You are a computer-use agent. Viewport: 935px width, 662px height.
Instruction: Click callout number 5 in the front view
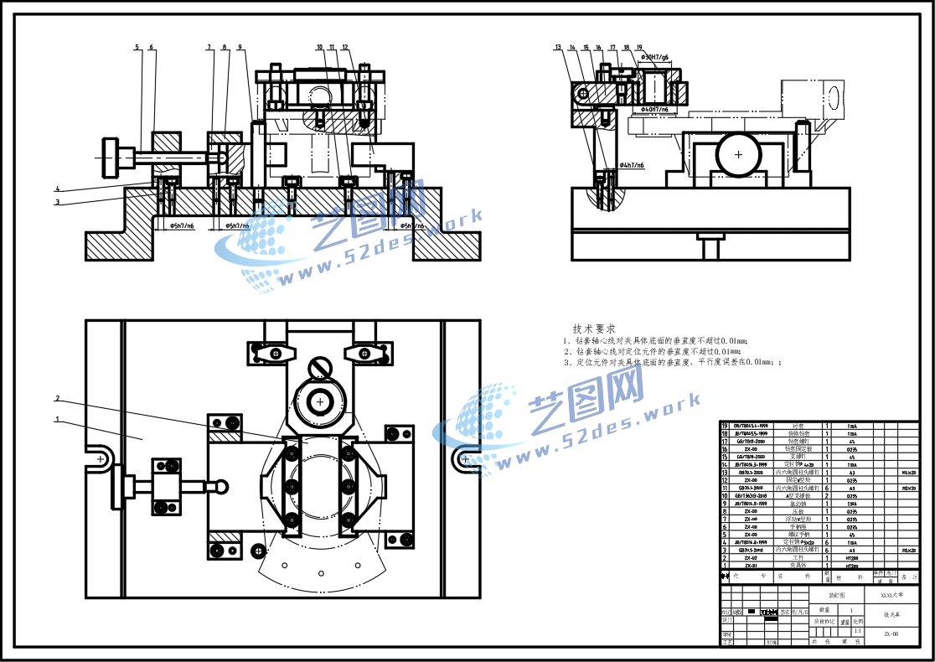pyautogui.click(x=137, y=48)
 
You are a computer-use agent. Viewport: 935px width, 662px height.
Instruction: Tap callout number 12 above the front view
pyautogui.click(x=345, y=48)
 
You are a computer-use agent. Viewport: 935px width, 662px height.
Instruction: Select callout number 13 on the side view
pyautogui.click(x=558, y=48)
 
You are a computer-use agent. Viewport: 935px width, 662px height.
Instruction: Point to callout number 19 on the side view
pyautogui.click(x=639, y=48)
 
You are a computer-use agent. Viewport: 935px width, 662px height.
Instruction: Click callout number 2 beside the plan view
pyautogui.click(x=57, y=398)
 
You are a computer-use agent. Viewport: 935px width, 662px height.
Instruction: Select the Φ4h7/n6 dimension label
pyautogui.click(x=631, y=166)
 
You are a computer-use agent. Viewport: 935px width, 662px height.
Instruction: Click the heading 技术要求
pyautogui.click(x=594, y=328)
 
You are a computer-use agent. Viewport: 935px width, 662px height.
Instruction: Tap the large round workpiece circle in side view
pyautogui.click(x=738, y=155)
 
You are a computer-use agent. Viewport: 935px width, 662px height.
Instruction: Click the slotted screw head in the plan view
pyautogui.click(x=320, y=367)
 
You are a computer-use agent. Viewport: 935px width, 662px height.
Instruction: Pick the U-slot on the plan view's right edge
pyautogui.click(x=464, y=458)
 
